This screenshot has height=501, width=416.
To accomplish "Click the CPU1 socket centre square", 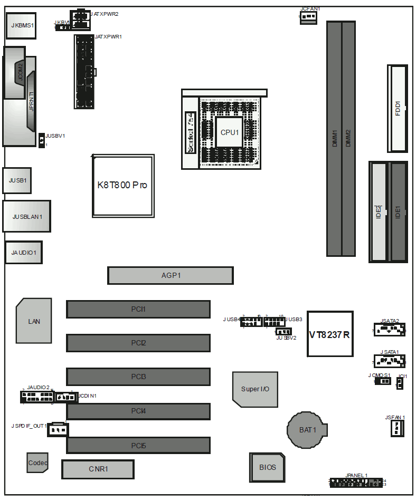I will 229,132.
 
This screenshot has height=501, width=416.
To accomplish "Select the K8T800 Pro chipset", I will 123,186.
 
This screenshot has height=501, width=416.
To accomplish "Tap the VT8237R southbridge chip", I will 330,334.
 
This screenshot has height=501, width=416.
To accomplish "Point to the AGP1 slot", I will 171,275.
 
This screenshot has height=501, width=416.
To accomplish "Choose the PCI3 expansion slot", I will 138,377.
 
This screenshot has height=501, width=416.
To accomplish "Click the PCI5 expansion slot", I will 138,446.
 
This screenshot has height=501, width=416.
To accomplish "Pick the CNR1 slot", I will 98,469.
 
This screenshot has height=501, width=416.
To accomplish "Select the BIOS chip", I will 267,467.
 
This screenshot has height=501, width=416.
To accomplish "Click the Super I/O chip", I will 255,389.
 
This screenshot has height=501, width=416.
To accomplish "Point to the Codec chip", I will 37,463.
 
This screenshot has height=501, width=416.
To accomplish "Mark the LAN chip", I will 34,321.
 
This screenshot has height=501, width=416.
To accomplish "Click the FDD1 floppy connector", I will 398,108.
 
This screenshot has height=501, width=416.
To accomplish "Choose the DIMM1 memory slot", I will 334,138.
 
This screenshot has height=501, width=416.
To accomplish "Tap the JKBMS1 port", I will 21,25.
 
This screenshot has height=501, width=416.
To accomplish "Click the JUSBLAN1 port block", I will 27,216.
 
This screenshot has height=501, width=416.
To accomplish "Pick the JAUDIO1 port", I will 24,253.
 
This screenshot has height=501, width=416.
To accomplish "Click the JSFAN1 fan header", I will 396,428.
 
